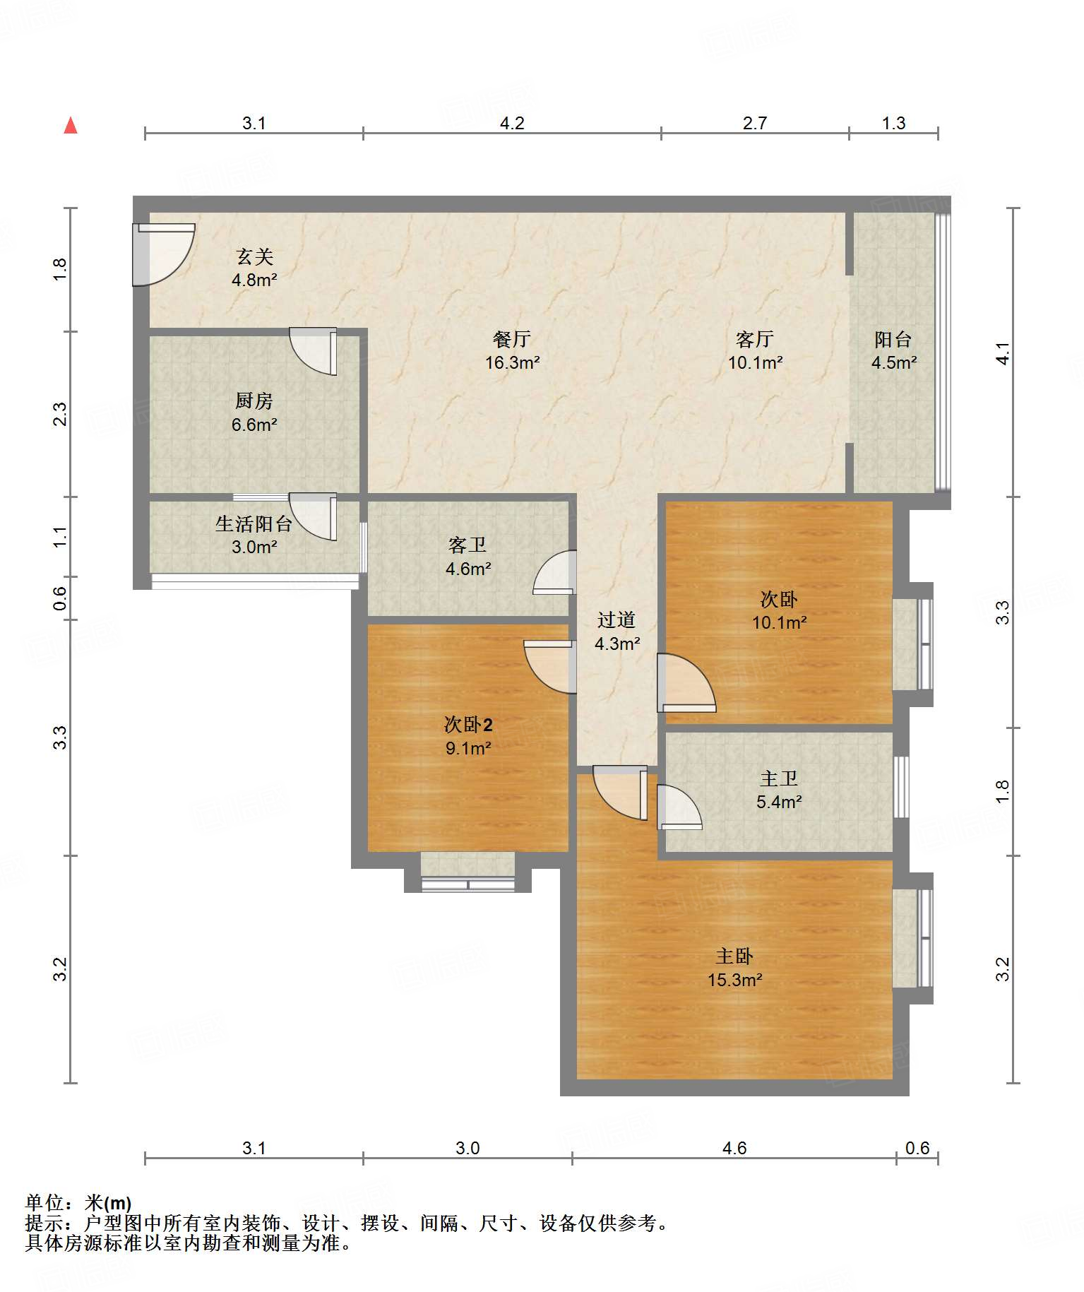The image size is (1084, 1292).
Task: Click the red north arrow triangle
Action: [71, 126]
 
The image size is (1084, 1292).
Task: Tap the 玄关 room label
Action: [254, 256]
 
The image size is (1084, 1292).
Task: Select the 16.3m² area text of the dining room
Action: [512, 363]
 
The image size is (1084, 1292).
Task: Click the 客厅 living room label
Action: [755, 340]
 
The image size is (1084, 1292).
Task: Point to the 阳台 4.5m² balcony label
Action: [893, 351]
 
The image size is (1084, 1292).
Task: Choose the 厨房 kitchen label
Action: [254, 401]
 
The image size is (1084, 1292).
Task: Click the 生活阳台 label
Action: [254, 524]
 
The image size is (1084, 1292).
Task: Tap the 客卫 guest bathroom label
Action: [467, 545]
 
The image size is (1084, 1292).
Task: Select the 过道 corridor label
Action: [617, 620]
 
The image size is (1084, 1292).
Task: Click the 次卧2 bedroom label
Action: [468, 725]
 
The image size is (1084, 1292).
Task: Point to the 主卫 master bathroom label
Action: [779, 778]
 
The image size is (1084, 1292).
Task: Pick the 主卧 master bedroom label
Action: [734, 956]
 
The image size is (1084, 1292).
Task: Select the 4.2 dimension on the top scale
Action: [512, 124]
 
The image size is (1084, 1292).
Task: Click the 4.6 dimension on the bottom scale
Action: [734, 1149]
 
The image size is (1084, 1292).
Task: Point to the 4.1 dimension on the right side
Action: [1003, 352]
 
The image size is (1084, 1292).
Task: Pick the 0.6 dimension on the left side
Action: [60, 599]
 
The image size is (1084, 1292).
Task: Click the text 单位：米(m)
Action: [78, 1203]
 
